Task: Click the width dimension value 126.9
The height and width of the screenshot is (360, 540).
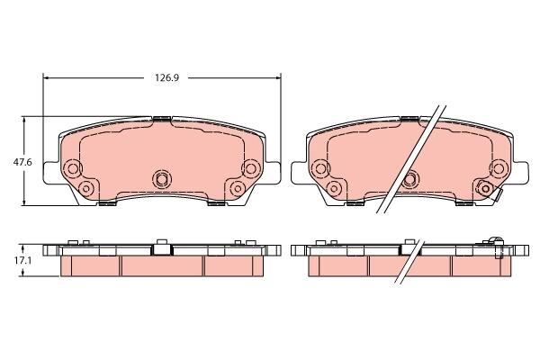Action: (166, 78)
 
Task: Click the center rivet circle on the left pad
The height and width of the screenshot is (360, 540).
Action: (161, 179)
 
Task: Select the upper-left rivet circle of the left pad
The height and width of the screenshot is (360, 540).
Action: (73, 168)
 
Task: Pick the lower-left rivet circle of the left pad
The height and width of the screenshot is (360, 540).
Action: (86, 188)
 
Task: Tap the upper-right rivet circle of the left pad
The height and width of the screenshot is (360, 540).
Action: (250, 167)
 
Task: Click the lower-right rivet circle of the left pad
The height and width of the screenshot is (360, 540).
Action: (237, 188)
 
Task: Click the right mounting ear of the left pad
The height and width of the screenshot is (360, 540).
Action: (272, 173)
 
